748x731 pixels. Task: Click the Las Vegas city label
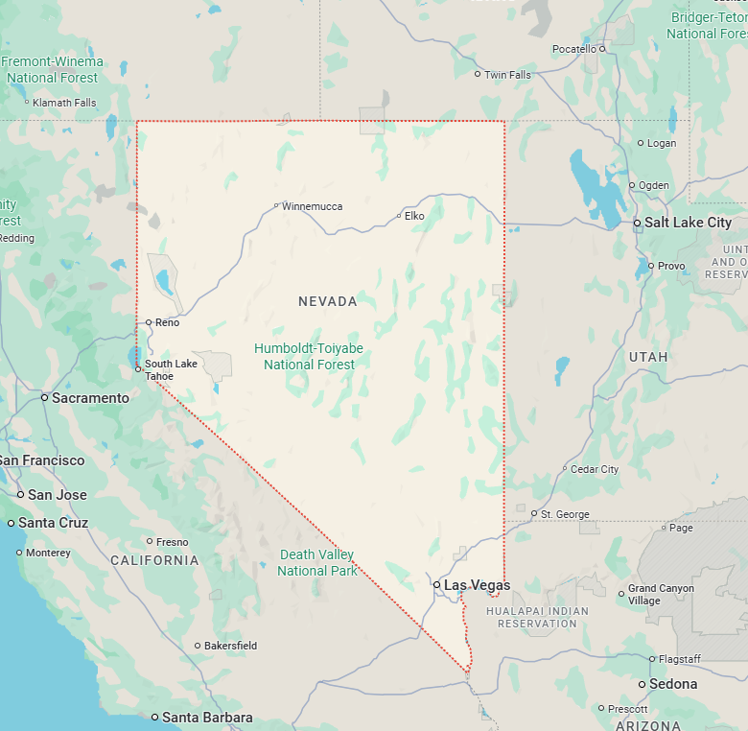[477, 584]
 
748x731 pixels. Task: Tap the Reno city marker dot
[149, 322]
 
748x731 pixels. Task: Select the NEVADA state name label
[328, 301]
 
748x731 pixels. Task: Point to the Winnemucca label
[312, 206]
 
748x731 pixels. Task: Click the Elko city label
[414, 216]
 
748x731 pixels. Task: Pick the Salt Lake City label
[688, 223]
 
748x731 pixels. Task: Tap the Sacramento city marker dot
[44, 397]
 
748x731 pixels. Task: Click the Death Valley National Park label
[317, 562]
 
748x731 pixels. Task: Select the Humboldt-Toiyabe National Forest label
[309, 356]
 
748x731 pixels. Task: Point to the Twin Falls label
[507, 75]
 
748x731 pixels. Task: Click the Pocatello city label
[574, 49]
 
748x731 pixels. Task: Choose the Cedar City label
[595, 469]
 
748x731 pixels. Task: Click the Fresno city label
[173, 542]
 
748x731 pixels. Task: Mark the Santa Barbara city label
[207, 718]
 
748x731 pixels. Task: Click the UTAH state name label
[648, 357]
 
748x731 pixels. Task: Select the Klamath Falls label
[64, 103]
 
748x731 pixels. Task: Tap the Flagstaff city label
[680, 659]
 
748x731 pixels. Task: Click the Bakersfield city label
[231, 646]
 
